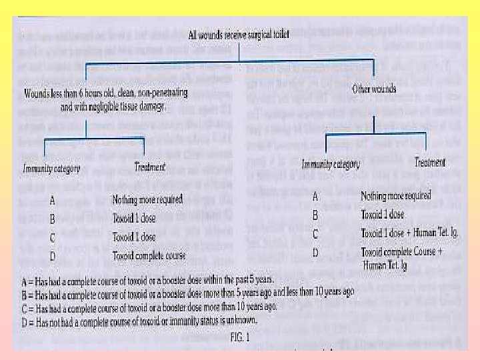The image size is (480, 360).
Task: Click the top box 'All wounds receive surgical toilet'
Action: point(237,35)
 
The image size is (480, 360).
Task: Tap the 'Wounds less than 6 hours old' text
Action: point(94,100)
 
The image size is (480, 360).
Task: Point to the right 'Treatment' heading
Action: point(430,162)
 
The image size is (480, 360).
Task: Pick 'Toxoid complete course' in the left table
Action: point(149,255)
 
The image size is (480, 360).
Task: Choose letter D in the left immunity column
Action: point(53,256)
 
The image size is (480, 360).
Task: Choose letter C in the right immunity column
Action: point(316,234)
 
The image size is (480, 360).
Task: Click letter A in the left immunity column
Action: point(53,199)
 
